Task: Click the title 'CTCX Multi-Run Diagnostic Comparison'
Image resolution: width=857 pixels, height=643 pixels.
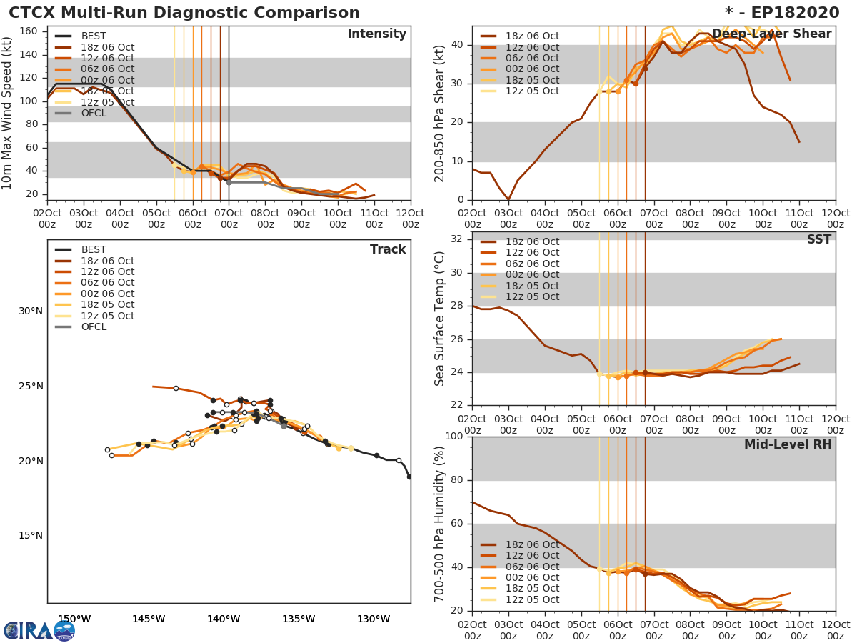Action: tap(184, 13)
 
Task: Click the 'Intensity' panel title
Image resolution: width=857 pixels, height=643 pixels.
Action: tap(376, 34)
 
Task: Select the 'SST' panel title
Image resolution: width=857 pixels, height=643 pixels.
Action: tap(819, 240)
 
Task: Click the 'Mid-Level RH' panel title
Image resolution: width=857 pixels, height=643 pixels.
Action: tap(788, 445)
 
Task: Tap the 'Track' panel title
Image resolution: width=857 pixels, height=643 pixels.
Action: tap(388, 250)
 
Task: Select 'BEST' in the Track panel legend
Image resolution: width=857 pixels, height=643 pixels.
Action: tap(94, 250)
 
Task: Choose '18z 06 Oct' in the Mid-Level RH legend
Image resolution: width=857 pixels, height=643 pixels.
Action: tap(533, 544)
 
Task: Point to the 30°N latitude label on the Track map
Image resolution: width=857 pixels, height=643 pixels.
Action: tap(31, 311)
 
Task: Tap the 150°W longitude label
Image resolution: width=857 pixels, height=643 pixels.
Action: tap(74, 619)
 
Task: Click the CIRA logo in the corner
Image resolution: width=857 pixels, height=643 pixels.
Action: tap(39, 630)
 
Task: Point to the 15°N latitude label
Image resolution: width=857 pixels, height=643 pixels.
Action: tap(31, 536)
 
